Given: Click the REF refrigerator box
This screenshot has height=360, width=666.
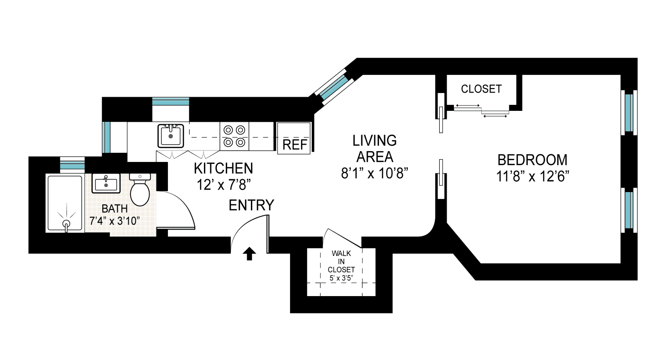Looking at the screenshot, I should point(294,138).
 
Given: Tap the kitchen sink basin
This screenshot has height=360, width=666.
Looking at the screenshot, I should point(171,136).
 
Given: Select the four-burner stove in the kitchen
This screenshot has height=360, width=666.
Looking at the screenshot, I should point(234,136).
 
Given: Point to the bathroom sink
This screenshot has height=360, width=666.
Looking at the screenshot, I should point(106,184).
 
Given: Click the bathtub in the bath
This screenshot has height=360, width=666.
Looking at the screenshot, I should point(65,203).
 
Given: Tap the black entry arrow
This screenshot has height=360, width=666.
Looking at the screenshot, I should point(249,254).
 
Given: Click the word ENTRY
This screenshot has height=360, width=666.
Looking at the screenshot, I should point(251,206).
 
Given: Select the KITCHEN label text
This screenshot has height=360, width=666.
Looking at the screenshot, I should point(223,168).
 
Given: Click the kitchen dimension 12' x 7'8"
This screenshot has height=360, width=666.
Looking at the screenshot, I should point(223,185).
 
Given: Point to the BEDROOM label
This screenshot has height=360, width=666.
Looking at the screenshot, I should point(532,160).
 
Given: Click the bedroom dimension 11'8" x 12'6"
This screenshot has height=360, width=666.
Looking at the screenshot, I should point(532,176).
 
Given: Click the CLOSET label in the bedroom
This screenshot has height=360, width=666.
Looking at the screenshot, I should point(481,89).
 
